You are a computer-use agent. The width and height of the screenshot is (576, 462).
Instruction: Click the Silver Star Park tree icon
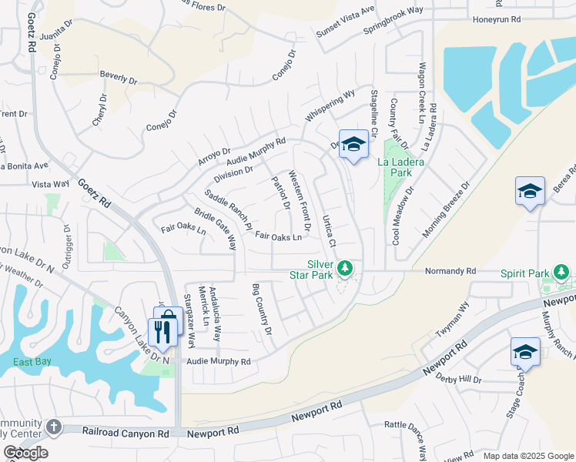coord(347,268)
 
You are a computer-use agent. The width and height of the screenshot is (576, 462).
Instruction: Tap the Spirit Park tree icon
coord(562,272)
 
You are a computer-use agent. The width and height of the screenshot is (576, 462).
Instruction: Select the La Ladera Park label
coord(397,167)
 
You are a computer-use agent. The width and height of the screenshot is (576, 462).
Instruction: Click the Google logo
coord(25,453)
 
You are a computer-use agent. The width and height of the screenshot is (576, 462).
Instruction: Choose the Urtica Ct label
coord(328,230)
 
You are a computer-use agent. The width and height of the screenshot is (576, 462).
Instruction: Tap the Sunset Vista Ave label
coord(345,22)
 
